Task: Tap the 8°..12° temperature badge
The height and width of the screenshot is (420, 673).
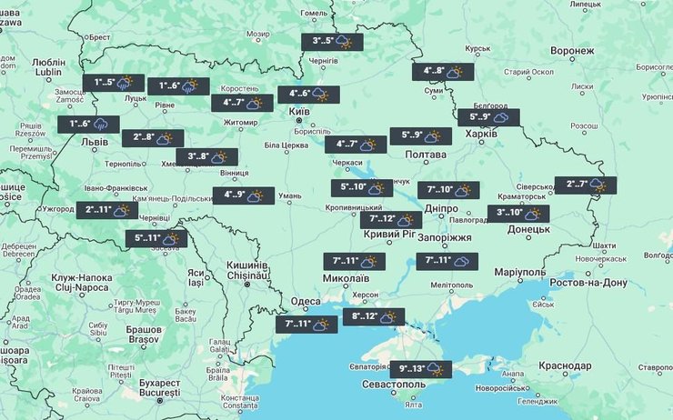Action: tap(374, 317)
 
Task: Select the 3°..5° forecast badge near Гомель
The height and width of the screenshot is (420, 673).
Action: tap(332, 42)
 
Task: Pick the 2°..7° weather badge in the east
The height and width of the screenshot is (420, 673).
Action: tap(585, 185)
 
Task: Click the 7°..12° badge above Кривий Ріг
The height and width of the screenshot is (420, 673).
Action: tap(391, 219)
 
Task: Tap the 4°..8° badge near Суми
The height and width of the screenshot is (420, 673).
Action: tap(443, 71)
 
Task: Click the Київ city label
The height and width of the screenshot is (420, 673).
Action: tap(299, 113)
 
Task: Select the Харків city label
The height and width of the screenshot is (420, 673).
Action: tap(482, 134)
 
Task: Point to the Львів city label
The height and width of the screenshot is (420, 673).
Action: tap(95, 143)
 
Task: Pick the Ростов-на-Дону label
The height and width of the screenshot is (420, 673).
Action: tap(588, 283)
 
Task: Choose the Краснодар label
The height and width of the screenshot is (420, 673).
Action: tap(570, 364)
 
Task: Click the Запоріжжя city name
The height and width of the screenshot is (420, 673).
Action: tap(448, 237)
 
